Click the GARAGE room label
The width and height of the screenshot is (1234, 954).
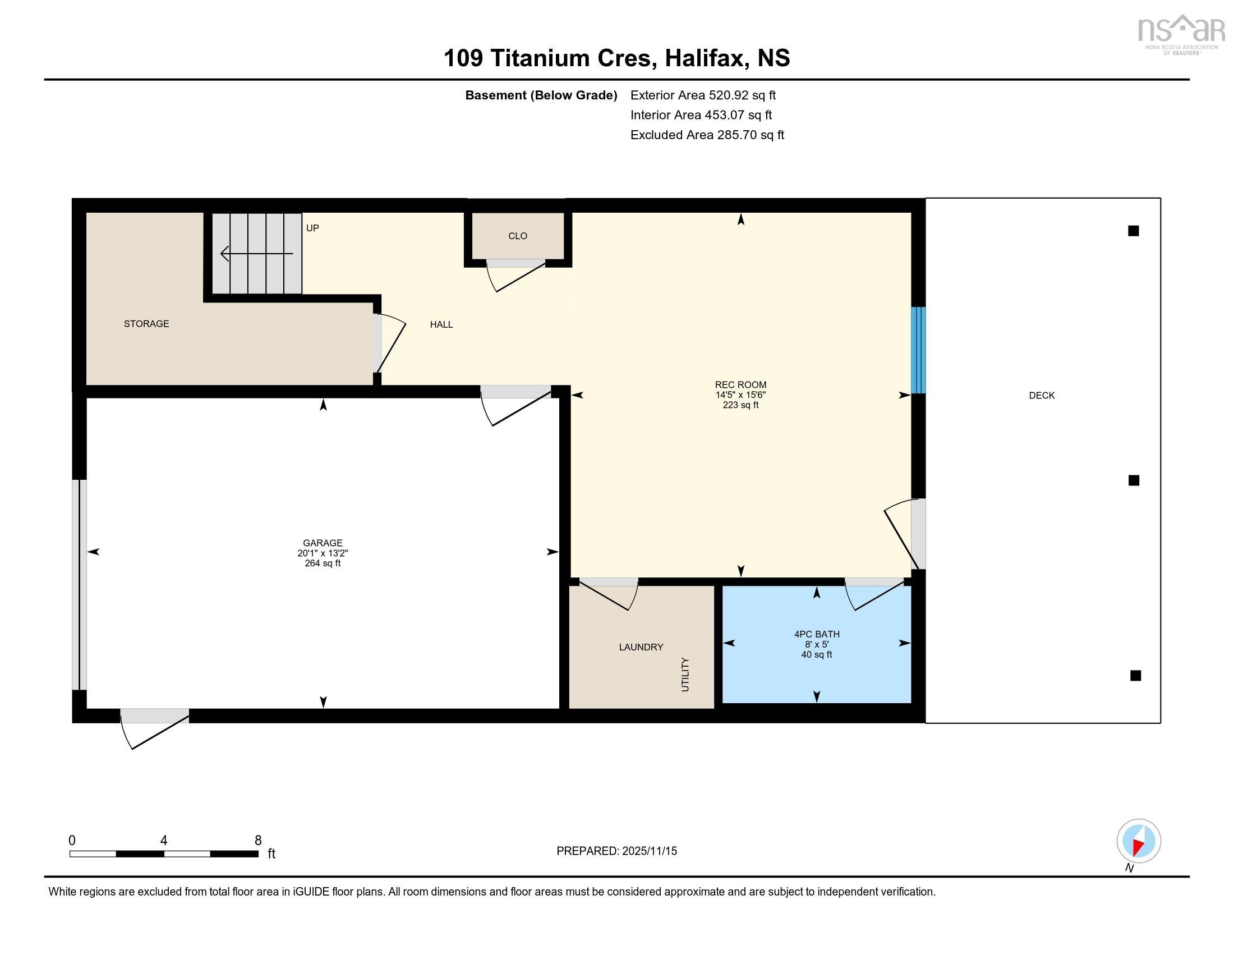click(322, 543)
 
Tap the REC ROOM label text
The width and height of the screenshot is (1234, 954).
click(740, 385)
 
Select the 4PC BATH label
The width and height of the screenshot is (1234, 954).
click(817, 634)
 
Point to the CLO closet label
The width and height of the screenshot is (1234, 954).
click(518, 236)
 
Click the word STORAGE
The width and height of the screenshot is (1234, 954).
click(146, 324)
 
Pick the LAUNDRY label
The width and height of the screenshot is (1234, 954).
click(641, 647)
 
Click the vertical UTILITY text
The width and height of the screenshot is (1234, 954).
click(685, 674)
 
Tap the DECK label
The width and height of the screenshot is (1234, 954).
click(1042, 396)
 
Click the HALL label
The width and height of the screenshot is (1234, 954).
click(441, 324)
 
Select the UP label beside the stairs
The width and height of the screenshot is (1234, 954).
click(312, 228)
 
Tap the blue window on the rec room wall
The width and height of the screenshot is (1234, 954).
click(918, 350)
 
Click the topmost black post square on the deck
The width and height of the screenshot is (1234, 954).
click(1133, 231)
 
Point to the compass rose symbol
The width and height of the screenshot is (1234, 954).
click(1139, 841)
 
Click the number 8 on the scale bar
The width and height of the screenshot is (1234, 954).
click(258, 841)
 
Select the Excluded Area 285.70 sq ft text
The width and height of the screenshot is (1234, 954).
click(707, 135)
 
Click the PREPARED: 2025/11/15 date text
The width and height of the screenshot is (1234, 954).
click(616, 851)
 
